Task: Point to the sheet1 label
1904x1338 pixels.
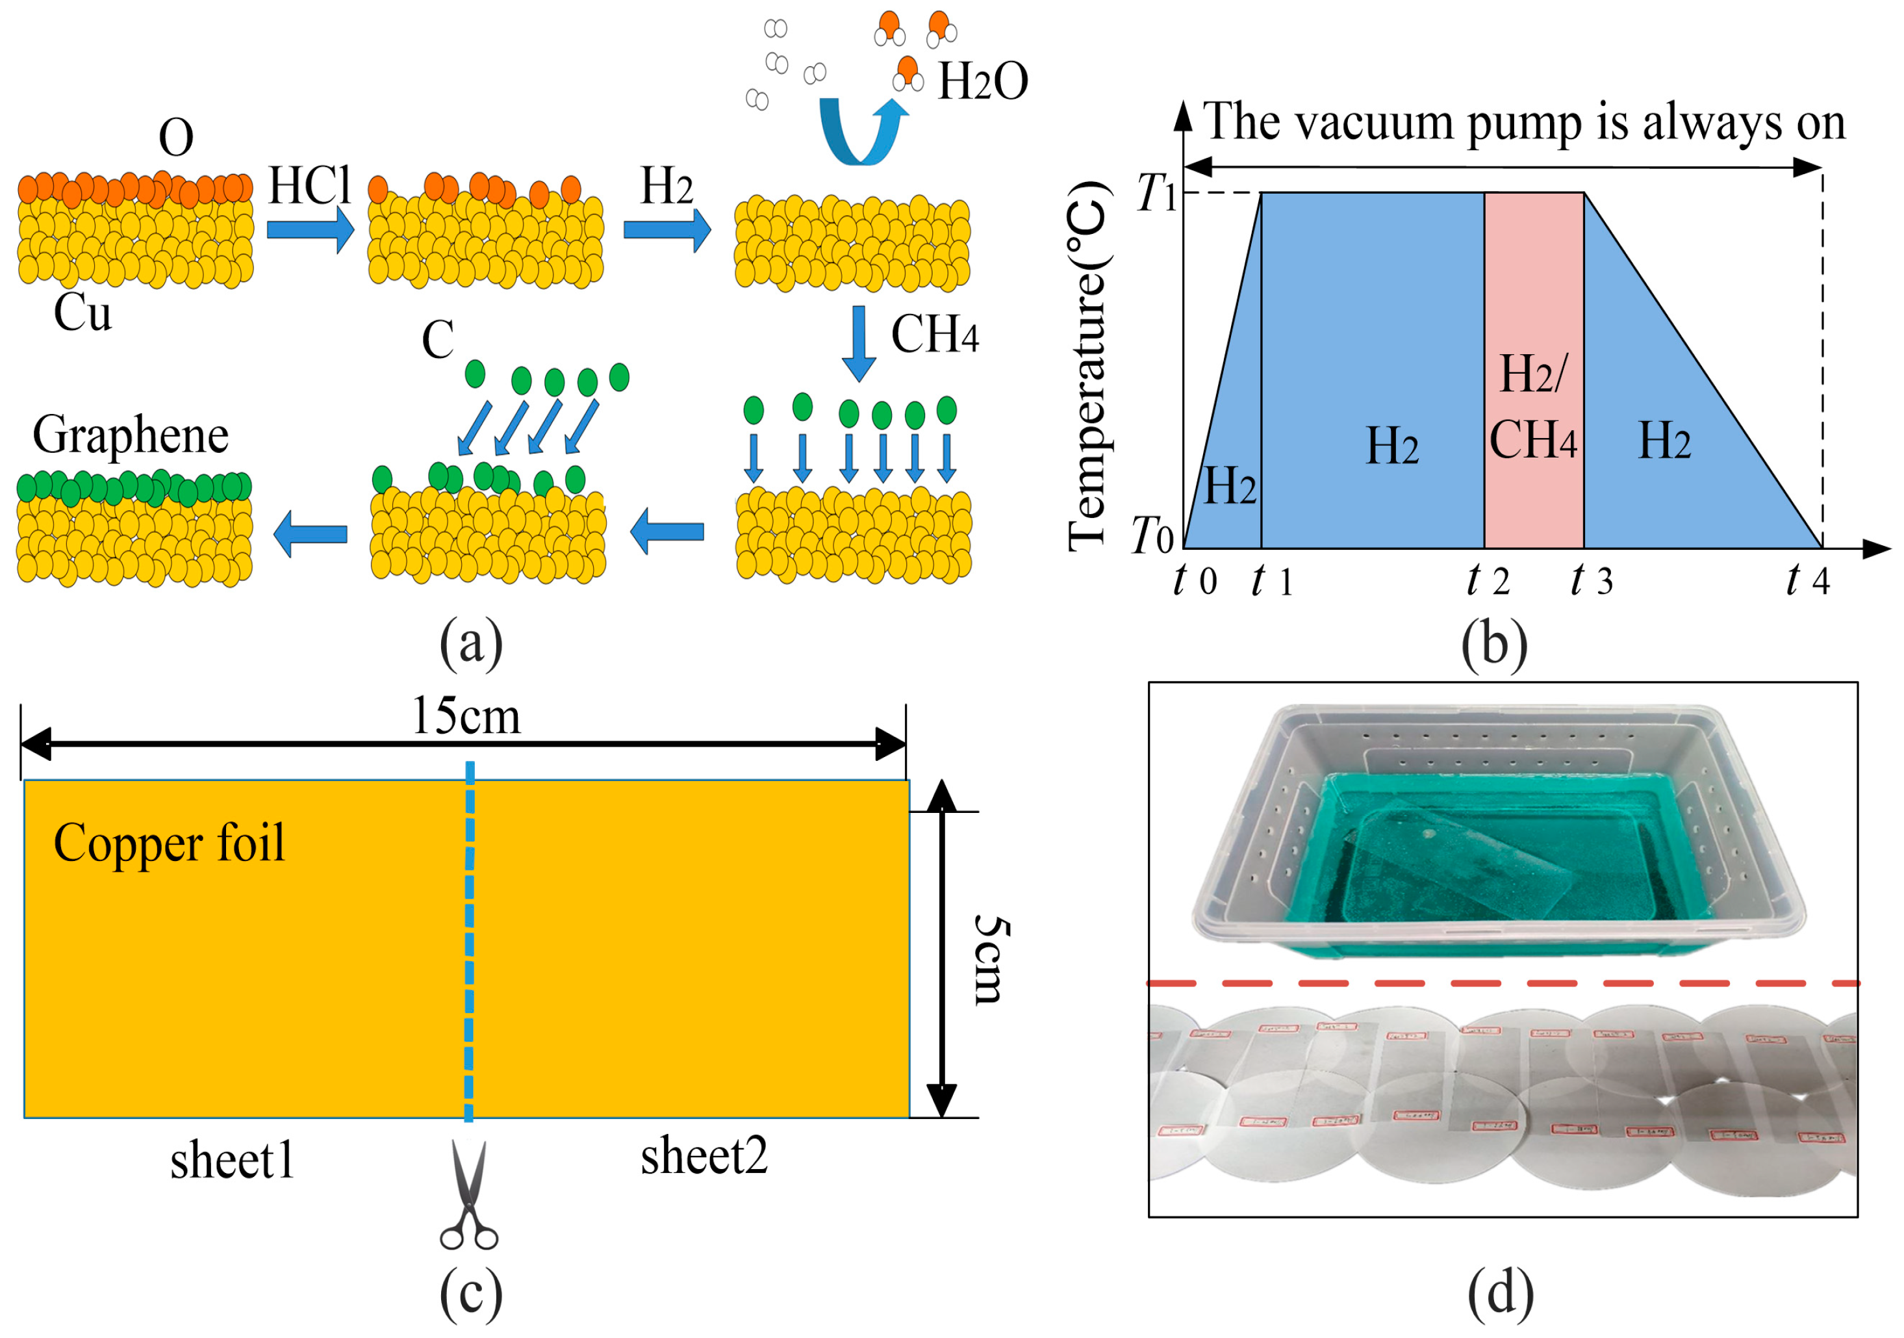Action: tap(232, 1161)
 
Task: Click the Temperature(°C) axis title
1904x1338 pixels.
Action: tap(1088, 365)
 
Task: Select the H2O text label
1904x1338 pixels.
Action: tap(983, 81)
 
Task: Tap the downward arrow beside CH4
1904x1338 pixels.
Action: tap(859, 343)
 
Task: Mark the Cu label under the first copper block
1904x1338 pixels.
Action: tap(82, 314)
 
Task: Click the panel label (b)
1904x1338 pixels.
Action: tap(1494, 645)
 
